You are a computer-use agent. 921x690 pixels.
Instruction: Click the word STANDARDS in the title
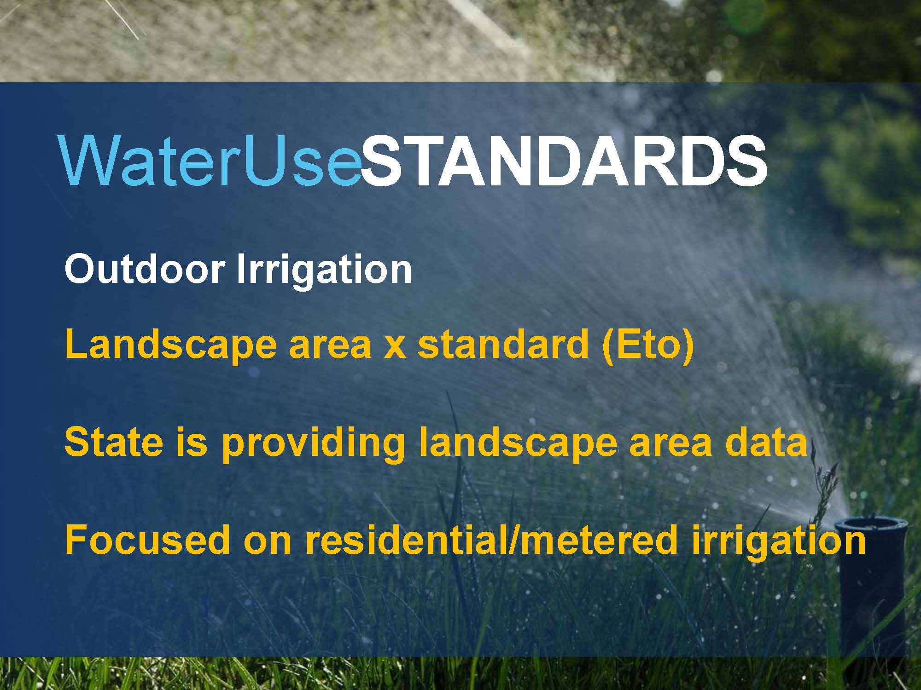coord(564,160)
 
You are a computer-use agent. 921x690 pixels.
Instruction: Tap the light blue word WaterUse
coord(210,160)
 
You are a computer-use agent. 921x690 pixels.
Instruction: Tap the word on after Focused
coord(268,543)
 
